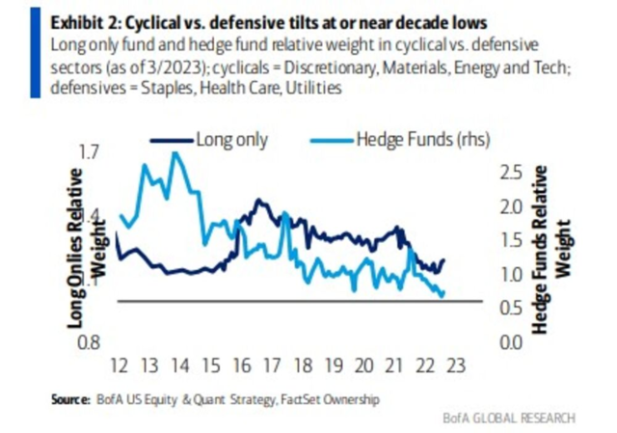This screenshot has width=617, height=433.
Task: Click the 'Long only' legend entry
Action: (x=231, y=140)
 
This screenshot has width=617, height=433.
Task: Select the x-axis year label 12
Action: (x=119, y=367)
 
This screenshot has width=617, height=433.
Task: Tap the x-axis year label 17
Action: (x=273, y=367)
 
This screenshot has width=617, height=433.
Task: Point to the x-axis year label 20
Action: (x=364, y=367)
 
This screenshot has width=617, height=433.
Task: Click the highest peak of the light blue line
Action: (x=174, y=153)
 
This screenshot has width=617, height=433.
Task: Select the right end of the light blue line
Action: (x=443, y=296)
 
